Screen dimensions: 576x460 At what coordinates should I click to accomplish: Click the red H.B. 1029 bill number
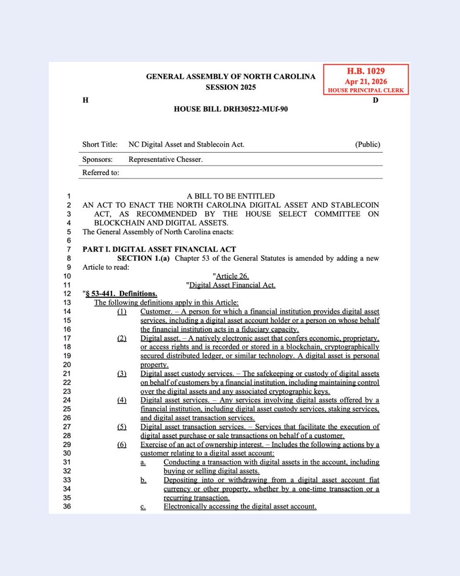(x=366, y=71)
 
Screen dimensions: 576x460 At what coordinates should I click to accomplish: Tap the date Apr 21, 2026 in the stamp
(x=366, y=82)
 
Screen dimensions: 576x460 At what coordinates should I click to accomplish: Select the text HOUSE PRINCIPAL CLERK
(x=366, y=90)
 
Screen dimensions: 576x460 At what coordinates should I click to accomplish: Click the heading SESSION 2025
(x=231, y=87)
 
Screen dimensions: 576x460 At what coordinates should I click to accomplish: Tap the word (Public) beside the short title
(x=367, y=144)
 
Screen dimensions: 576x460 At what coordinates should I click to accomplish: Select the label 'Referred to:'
(x=101, y=173)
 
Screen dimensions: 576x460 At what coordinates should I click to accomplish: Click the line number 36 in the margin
(x=67, y=506)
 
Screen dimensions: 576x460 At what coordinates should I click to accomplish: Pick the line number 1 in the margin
(x=69, y=196)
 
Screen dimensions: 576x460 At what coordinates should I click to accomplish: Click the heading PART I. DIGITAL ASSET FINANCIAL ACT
(x=159, y=249)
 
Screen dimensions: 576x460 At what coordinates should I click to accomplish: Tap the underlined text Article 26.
(x=233, y=276)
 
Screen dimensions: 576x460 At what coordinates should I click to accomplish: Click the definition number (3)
(x=122, y=373)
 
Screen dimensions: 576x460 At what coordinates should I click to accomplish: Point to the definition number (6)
(x=122, y=444)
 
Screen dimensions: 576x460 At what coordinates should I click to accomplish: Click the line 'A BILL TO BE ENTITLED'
(x=231, y=196)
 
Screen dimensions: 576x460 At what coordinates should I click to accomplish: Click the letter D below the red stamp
(x=375, y=100)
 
